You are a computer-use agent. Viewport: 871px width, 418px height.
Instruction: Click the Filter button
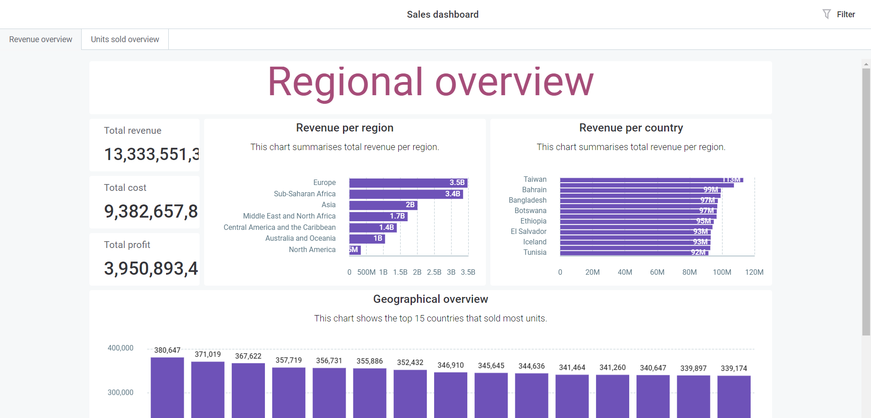(839, 15)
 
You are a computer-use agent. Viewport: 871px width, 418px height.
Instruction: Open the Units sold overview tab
(125, 39)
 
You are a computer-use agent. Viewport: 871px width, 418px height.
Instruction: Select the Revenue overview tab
(40, 39)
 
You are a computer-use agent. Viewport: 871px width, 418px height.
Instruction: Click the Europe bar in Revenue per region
(408, 183)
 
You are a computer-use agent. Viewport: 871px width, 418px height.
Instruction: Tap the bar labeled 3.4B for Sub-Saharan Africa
(406, 194)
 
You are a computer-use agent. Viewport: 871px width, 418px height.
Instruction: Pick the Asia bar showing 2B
(383, 205)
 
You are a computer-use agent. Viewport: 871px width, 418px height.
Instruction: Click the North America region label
(312, 250)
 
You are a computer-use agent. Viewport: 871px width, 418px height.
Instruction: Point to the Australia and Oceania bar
(367, 238)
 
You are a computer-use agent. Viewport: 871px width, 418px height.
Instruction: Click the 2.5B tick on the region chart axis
(434, 272)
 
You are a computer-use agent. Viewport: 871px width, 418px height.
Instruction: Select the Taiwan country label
(535, 180)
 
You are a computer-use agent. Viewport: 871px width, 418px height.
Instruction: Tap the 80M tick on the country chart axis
(689, 272)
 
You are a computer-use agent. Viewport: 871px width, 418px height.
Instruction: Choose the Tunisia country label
(535, 253)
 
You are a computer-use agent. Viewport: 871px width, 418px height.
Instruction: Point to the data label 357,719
(289, 360)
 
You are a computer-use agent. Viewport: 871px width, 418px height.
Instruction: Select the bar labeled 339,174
(734, 394)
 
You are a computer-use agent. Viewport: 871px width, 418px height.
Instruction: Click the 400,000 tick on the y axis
(120, 348)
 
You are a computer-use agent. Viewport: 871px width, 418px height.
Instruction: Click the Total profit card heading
(127, 245)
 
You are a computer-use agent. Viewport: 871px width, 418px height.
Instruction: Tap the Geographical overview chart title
(431, 299)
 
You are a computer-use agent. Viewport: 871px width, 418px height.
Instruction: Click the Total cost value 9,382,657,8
(151, 212)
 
